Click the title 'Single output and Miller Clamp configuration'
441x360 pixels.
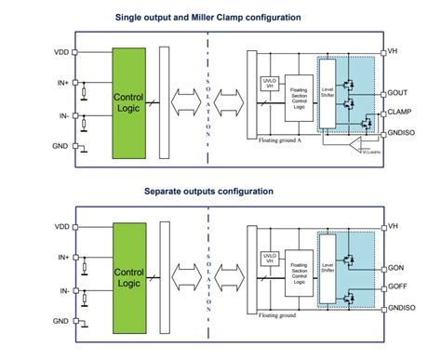(220, 18)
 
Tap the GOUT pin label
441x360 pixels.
(399, 94)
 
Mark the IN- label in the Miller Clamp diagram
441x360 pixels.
(62, 115)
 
